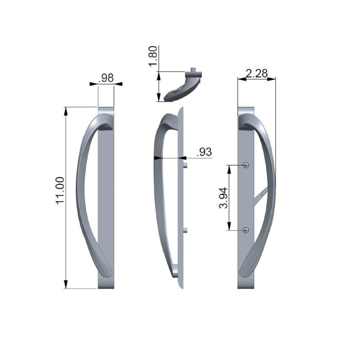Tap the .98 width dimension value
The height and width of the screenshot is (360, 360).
point(106,78)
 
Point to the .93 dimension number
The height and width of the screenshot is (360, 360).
point(204,152)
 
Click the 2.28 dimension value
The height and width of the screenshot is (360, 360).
point(257,72)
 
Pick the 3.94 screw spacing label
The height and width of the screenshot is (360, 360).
point(222,198)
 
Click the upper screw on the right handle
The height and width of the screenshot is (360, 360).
point(245,165)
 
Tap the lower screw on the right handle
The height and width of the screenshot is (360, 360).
point(245,230)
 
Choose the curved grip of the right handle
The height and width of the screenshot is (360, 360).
point(270,198)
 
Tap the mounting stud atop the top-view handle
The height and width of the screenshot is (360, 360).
point(193,70)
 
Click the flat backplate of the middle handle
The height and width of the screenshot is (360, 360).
point(181,198)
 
